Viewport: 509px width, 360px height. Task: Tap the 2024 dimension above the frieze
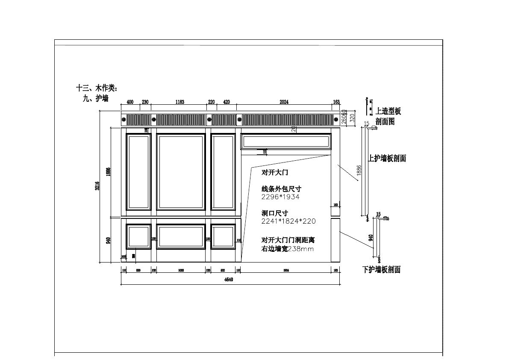click(x=284, y=102)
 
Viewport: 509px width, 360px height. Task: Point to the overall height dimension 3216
click(x=97, y=186)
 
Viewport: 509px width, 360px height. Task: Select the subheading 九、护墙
click(x=95, y=98)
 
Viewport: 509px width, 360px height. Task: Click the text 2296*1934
click(x=280, y=197)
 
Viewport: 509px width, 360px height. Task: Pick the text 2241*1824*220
click(x=288, y=221)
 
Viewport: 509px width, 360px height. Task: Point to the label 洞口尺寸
click(x=275, y=213)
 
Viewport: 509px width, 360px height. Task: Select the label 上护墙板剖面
click(x=387, y=158)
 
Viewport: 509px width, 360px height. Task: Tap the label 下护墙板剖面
click(x=381, y=270)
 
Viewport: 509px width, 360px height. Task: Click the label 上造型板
click(x=388, y=112)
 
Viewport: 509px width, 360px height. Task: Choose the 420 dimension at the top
click(x=227, y=102)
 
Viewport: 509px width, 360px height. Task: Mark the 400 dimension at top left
click(x=130, y=102)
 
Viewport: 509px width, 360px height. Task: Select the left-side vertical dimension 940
click(x=109, y=240)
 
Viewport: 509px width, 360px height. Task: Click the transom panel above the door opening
click(x=286, y=141)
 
